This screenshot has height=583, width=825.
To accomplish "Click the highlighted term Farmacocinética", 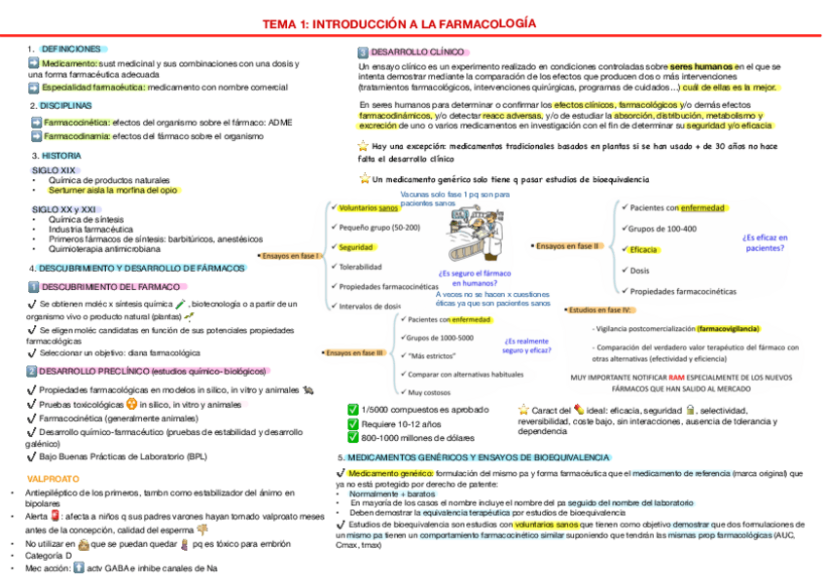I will pos(77,122).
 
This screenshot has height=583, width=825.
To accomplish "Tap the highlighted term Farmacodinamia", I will pos(76,136).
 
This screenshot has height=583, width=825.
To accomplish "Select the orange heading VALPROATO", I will pos(54,479).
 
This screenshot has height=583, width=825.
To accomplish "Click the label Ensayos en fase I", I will pos(292,255).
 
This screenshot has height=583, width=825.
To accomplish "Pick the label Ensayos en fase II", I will pos(569,246).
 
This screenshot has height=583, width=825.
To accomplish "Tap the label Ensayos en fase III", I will pos(356,352).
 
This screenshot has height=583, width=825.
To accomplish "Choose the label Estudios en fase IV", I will pos(600,310).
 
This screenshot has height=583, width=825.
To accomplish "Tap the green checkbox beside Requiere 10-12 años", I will pos(353,424).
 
